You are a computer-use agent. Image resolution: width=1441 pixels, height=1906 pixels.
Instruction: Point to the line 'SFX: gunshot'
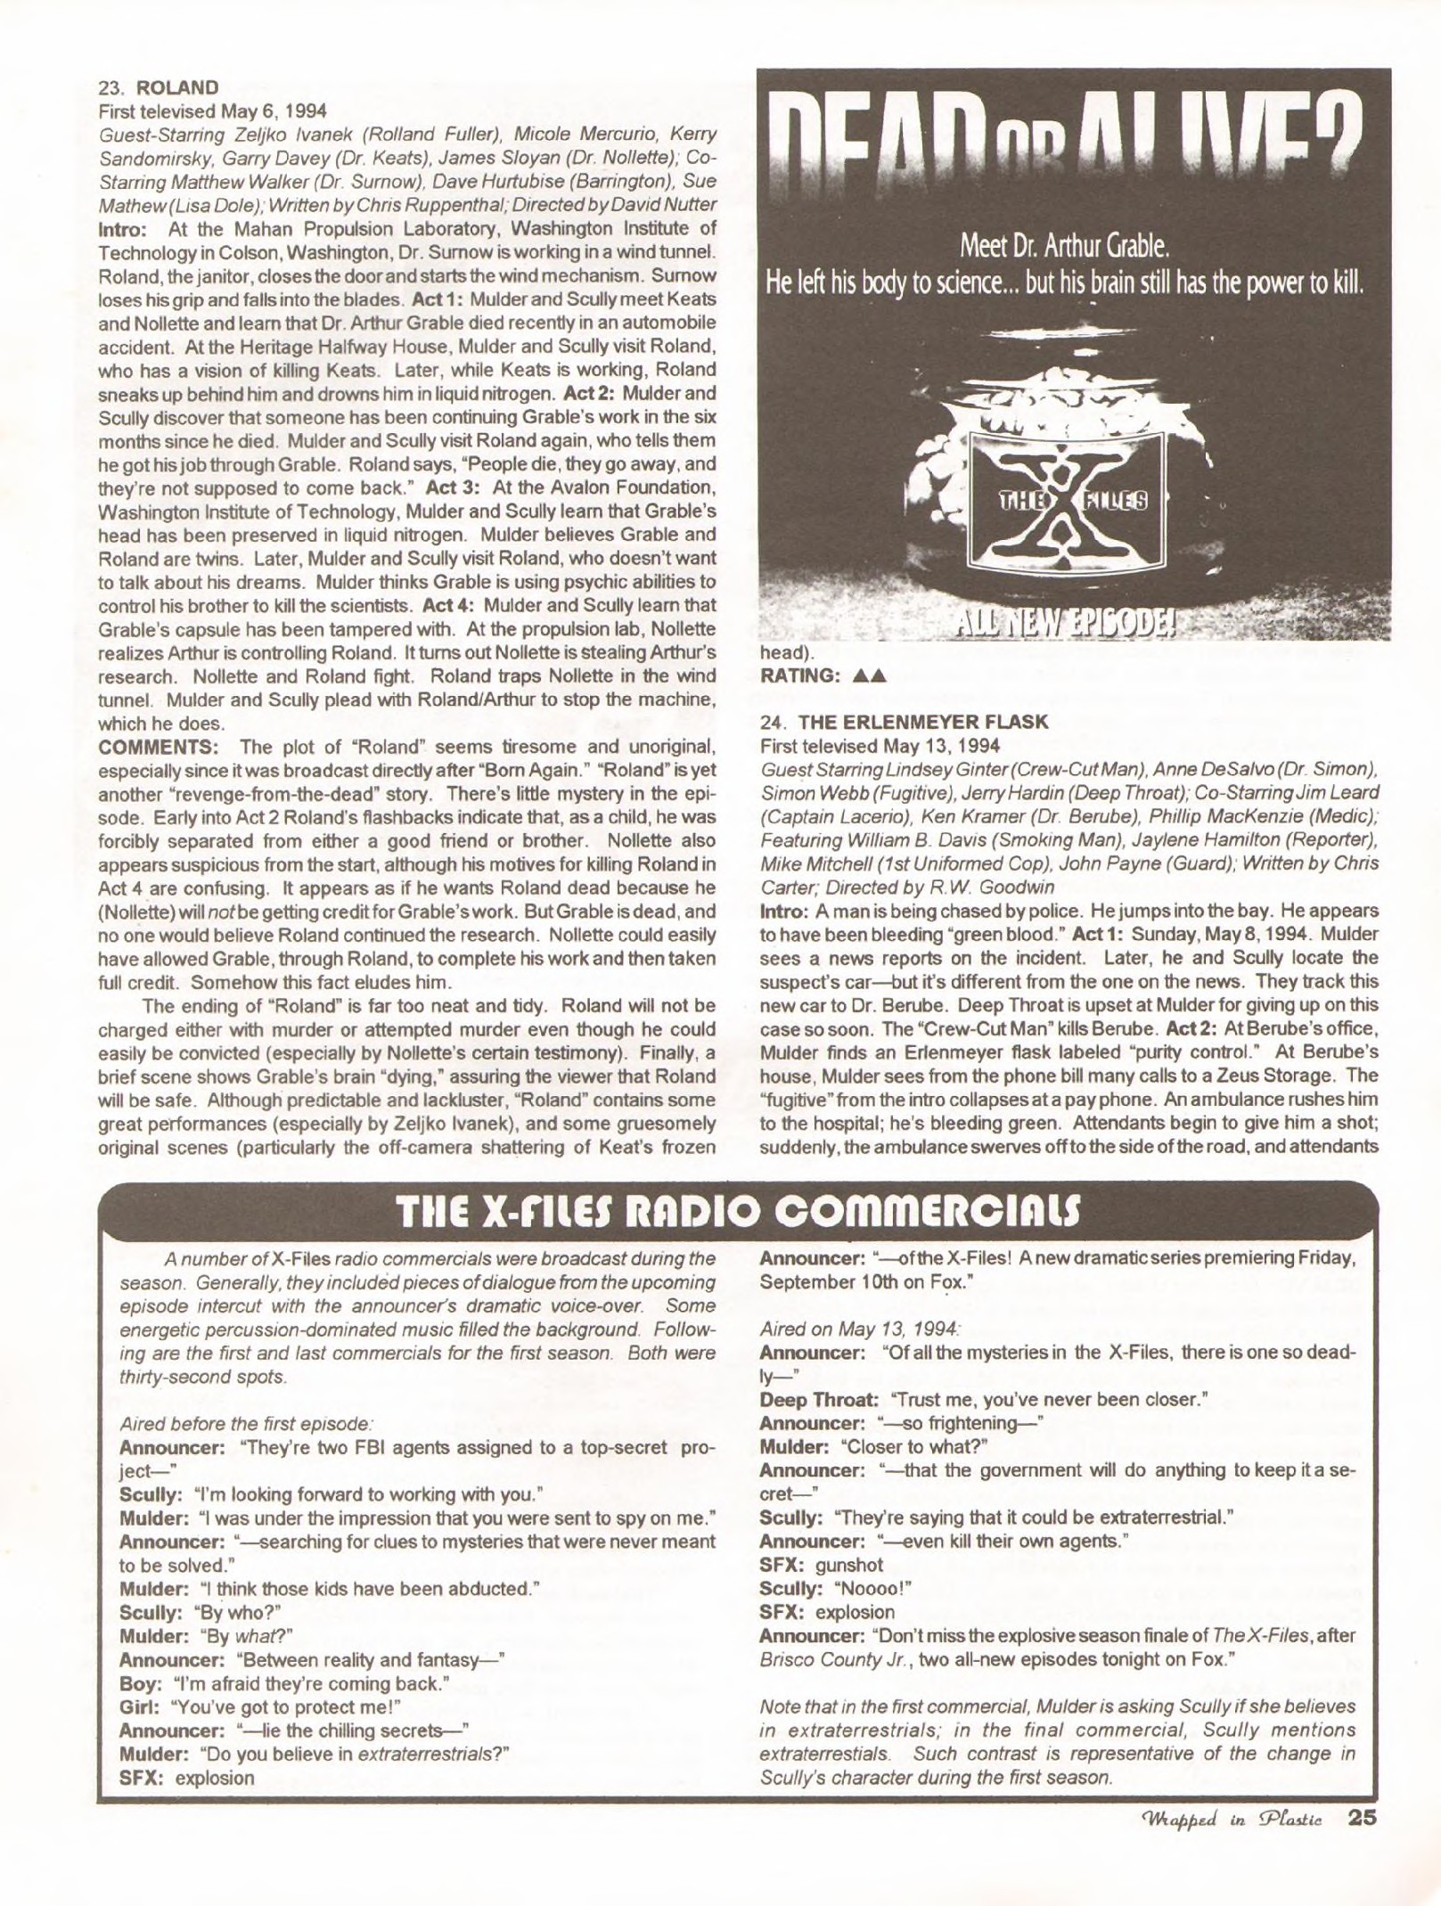pos(821,1564)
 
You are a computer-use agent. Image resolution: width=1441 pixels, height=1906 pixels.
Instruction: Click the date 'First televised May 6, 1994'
pos(213,111)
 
